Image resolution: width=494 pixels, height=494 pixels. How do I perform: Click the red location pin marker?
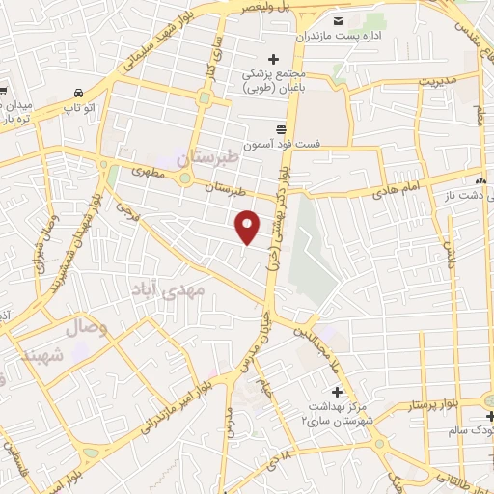(249, 227)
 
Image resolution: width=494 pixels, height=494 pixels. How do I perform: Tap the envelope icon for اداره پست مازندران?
(337, 22)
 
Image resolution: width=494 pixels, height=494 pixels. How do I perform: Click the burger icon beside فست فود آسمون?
(281, 128)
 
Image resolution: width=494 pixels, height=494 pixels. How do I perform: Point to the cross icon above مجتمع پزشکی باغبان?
(274, 60)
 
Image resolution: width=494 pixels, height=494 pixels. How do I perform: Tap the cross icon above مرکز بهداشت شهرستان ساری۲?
(337, 392)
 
